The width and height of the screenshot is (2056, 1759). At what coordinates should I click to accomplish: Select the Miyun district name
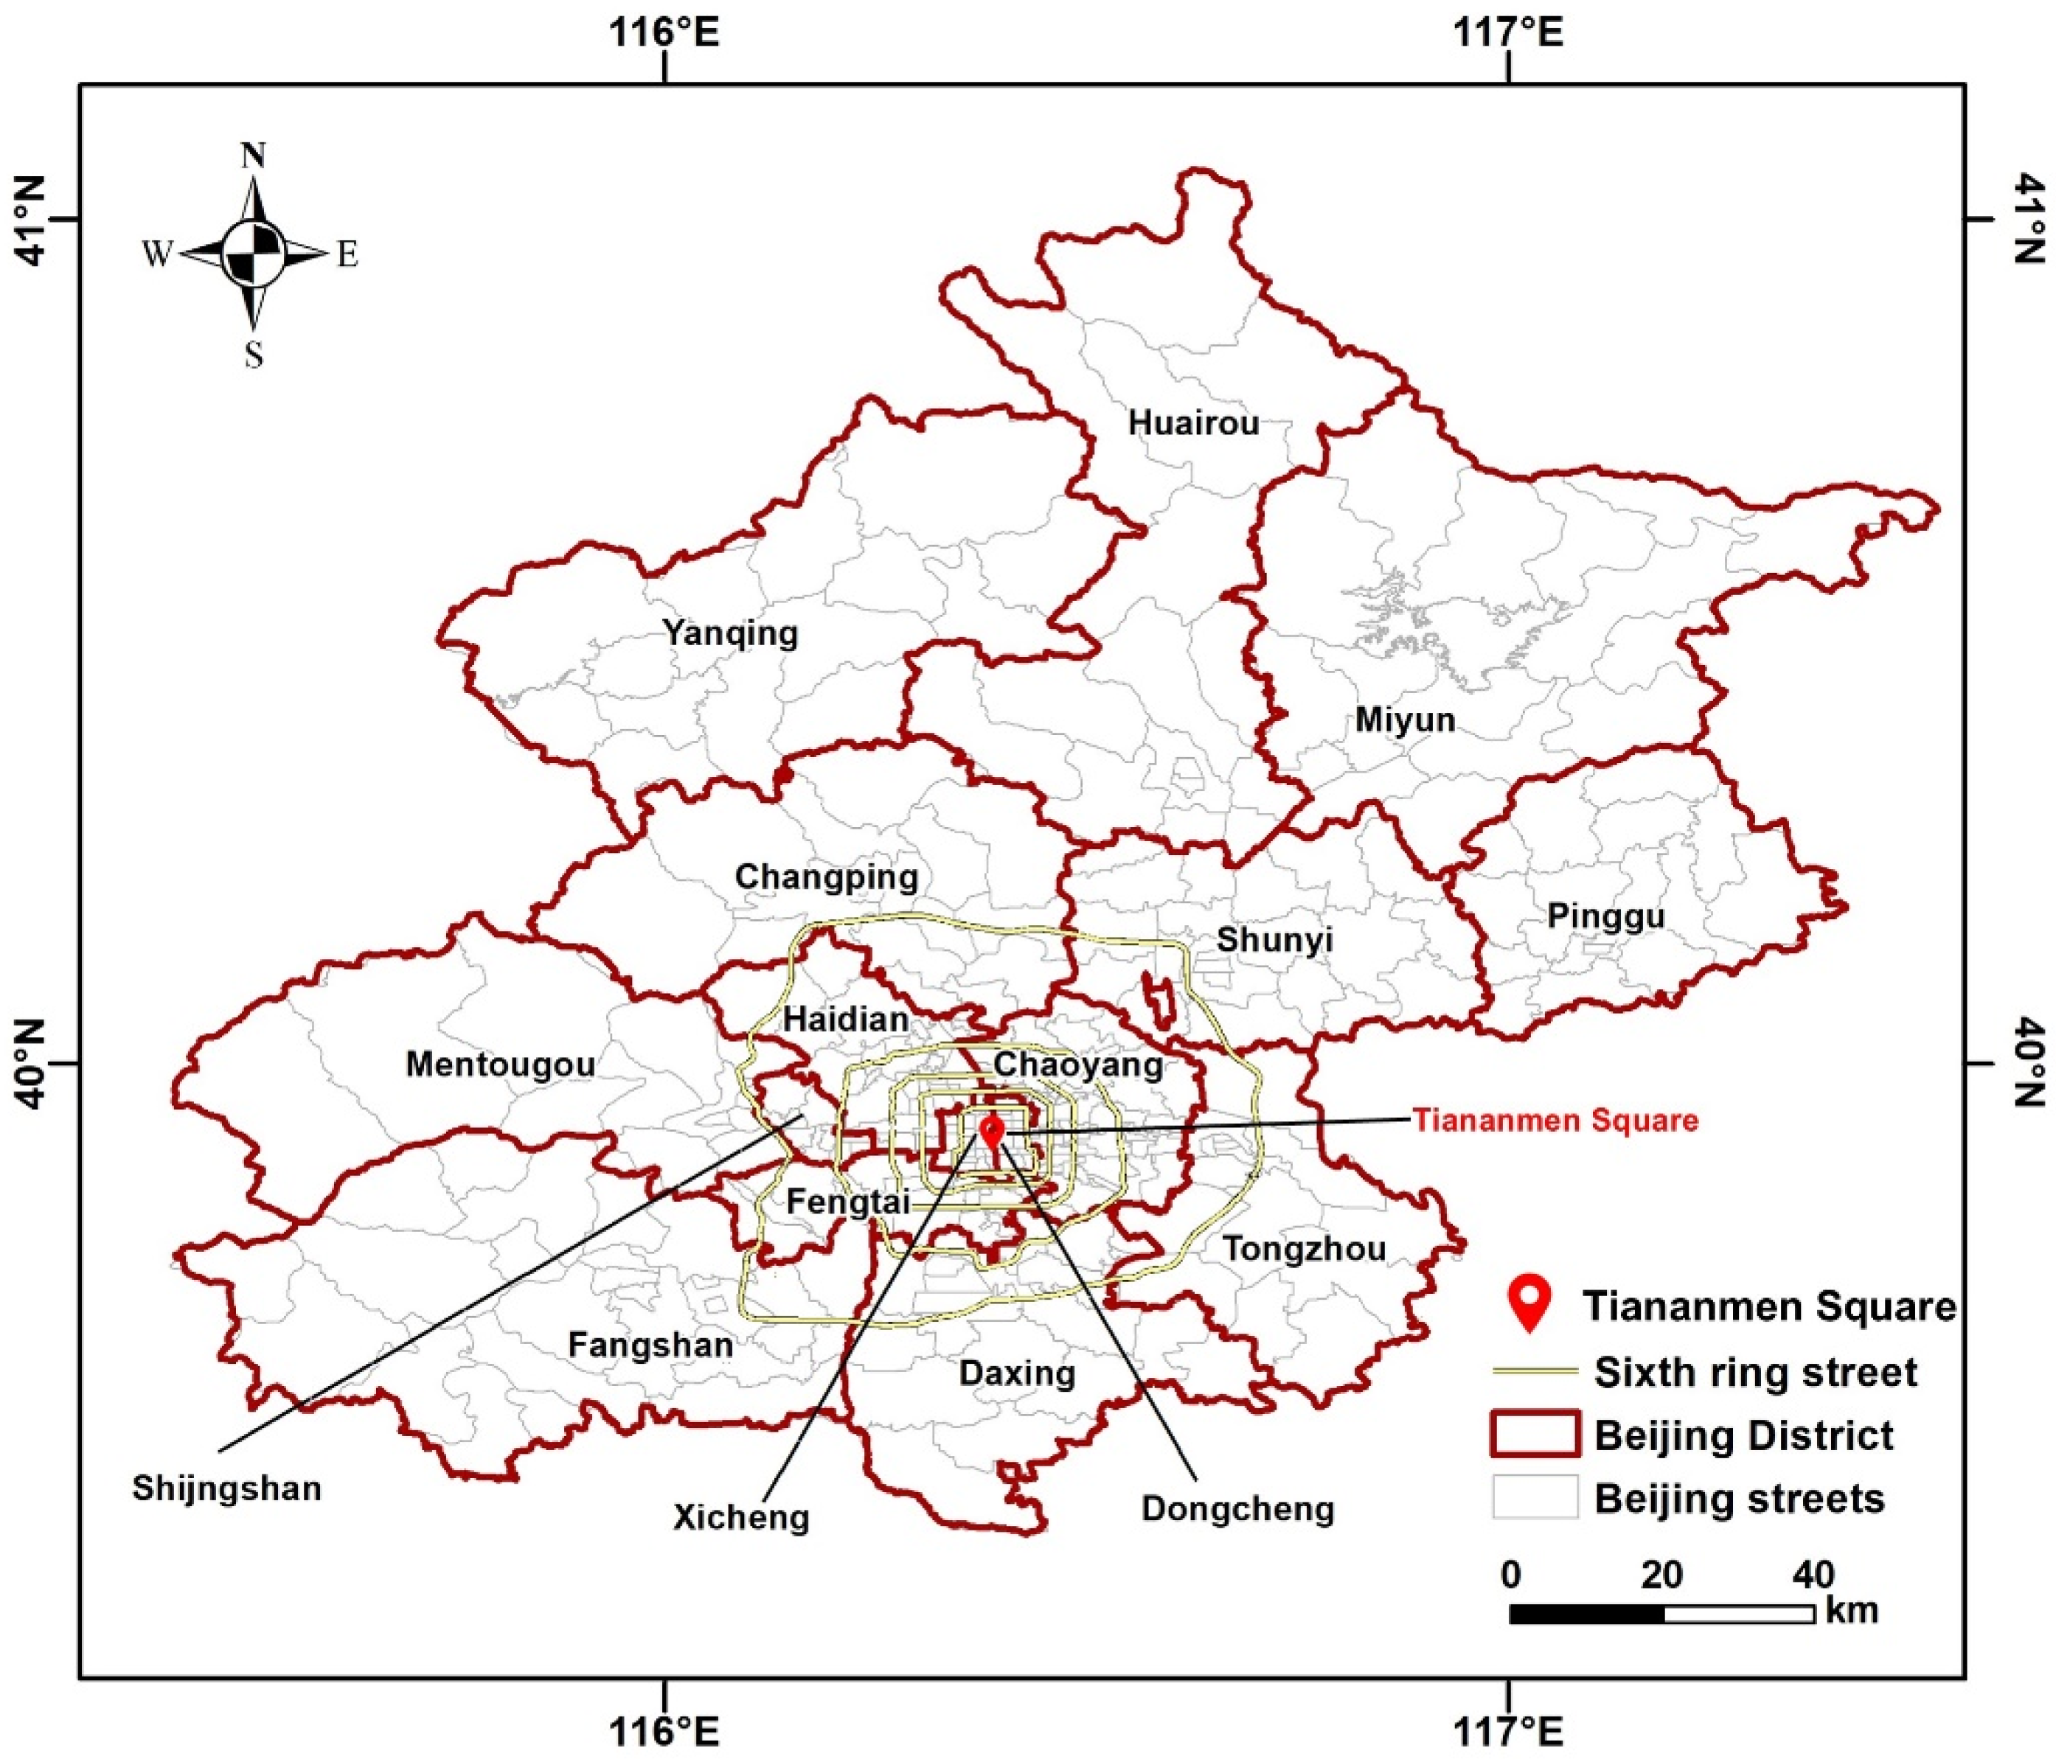click(1405, 720)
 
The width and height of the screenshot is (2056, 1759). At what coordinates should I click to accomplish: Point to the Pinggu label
click(1605, 916)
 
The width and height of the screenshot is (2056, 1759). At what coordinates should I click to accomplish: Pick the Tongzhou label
click(1303, 1249)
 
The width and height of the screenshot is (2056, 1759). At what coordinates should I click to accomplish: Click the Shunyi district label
click(1274, 939)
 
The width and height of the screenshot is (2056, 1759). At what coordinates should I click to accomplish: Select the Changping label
click(827, 877)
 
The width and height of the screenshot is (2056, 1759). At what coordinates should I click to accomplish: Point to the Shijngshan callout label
click(227, 1488)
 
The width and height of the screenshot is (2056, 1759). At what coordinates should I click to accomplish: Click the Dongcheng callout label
click(1237, 1508)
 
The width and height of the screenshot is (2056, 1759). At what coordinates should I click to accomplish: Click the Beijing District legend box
click(1534, 1435)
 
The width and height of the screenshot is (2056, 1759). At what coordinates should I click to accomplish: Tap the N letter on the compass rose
click(254, 156)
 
